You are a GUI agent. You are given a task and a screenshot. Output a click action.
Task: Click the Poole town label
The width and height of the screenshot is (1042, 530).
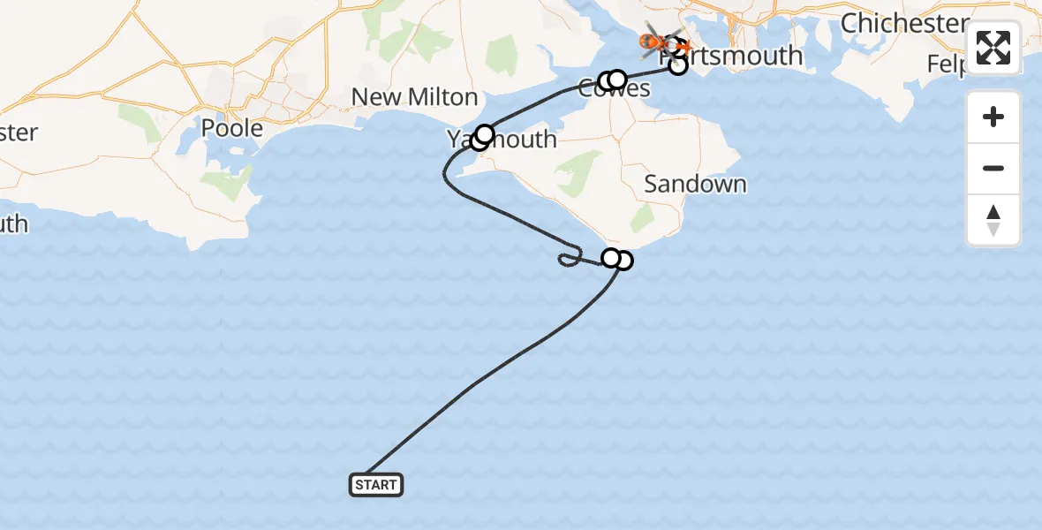click(x=232, y=128)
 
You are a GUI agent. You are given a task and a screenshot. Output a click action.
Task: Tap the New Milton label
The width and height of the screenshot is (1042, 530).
click(x=414, y=96)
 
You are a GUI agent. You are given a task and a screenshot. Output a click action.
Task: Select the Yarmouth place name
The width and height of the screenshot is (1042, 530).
click(x=502, y=140)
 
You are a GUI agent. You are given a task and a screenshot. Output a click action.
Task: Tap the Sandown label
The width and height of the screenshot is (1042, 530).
click(x=695, y=184)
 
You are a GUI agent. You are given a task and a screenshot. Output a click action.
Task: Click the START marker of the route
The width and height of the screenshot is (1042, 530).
click(x=376, y=484)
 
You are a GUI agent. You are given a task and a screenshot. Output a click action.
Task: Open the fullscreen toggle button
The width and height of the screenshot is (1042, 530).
click(x=993, y=48)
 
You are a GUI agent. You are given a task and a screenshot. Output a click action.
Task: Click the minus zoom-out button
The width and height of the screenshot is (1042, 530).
click(x=993, y=168)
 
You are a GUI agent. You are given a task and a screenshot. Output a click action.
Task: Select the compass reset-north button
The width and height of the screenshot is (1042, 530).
click(x=993, y=220)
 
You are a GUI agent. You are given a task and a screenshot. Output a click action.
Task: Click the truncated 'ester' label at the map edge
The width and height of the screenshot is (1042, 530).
click(x=19, y=133)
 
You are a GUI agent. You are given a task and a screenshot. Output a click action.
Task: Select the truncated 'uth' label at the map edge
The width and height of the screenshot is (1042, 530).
click(x=13, y=223)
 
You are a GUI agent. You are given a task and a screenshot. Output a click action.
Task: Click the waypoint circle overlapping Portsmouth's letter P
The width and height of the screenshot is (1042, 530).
click(x=678, y=64)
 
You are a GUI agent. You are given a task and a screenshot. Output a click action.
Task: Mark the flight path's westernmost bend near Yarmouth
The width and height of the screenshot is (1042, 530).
click(x=444, y=177)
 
